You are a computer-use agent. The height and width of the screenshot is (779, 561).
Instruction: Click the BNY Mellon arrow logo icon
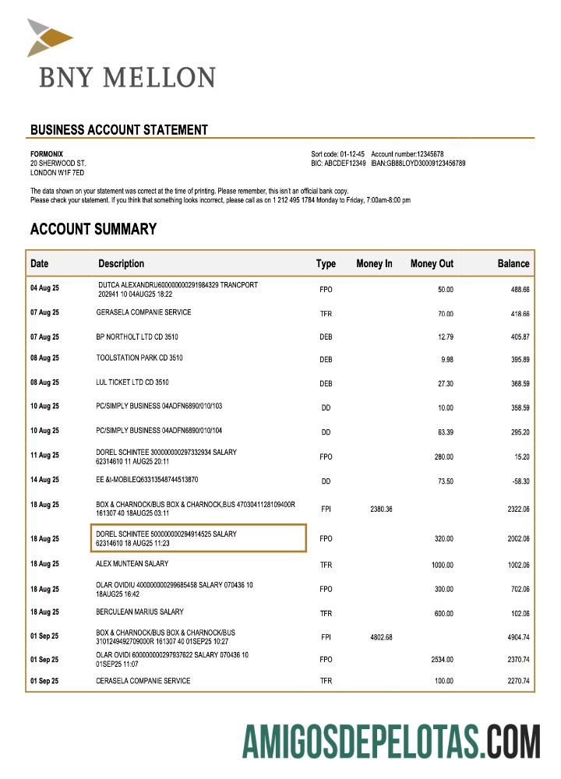pos(49,37)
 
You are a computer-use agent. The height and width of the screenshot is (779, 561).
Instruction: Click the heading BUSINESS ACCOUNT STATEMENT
pos(118,130)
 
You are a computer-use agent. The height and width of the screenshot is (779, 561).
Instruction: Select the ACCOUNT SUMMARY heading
pos(93,229)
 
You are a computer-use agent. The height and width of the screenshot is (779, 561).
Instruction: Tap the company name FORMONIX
pos(47,154)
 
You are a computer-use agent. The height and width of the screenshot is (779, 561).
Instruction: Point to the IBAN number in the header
pos(418,164)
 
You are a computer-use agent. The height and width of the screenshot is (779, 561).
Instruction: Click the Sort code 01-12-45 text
pos(337,154)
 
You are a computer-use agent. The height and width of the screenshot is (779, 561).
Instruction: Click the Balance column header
pos(513,264)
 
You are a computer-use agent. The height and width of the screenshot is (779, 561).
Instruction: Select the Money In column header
pos(374,264)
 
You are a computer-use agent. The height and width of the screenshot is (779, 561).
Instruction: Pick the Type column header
pos(326,264)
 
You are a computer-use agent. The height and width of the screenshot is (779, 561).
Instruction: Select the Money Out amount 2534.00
pos(442,659)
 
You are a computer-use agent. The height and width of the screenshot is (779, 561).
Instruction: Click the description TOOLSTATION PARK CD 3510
pos(139,358)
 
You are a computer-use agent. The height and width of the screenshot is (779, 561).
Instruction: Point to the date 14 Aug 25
pos(44,480)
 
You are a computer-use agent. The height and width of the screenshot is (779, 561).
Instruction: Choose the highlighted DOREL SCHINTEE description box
pos(198,538)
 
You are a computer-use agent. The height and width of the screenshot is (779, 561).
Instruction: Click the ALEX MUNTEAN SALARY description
pos(132,563)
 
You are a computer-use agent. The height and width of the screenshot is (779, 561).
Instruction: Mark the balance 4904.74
pos(515,637)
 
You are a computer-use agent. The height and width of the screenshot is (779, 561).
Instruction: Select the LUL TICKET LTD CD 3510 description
pos(132,382)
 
